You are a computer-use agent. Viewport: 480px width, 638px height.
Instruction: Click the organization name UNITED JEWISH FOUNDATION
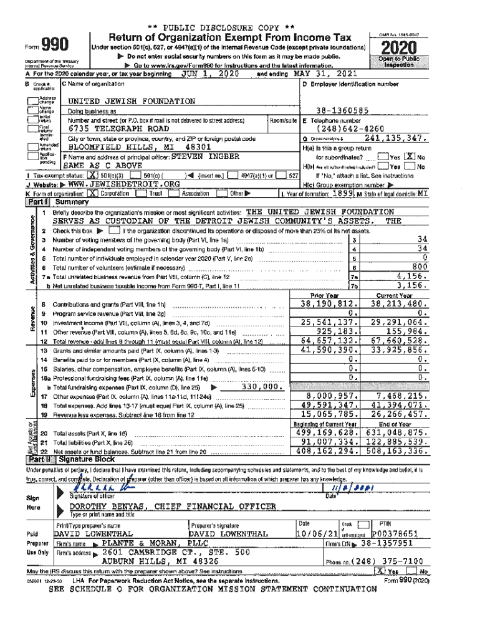click(131, 101)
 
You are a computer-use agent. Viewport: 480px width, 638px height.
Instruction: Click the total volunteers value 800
click(419, 267)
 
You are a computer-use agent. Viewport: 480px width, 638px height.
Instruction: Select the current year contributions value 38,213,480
click(397, 304)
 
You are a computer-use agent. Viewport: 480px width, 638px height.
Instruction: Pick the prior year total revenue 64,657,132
click(328, 341)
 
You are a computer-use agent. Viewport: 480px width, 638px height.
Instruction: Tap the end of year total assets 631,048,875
click(397, 432)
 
